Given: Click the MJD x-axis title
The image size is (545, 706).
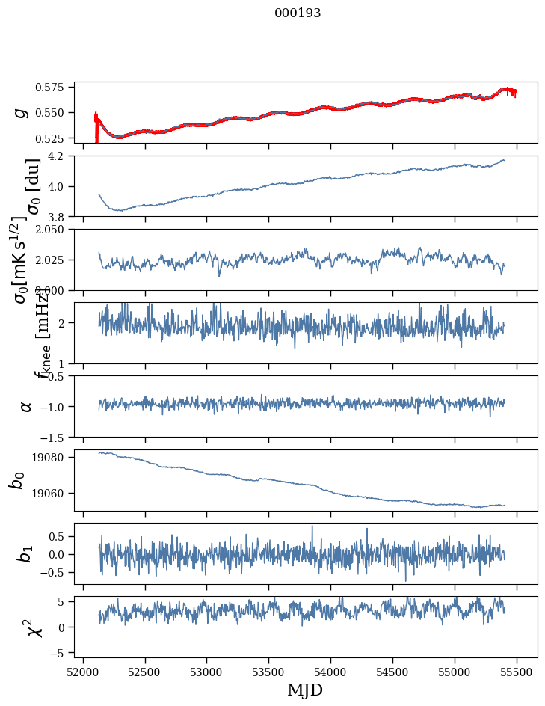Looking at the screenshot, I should [305, 690].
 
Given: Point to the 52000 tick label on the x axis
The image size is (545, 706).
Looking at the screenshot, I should [83, 671].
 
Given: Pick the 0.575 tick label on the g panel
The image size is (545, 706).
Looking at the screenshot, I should [55, 88].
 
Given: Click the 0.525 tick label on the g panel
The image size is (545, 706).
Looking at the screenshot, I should [55, 138].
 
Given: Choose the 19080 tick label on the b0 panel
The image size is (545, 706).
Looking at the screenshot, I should [55, 457].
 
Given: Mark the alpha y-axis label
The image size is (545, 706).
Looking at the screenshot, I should [26, 406].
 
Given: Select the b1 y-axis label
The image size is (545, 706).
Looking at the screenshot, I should [26, 553].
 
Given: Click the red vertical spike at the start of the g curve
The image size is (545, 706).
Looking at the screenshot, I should [96, 127].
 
